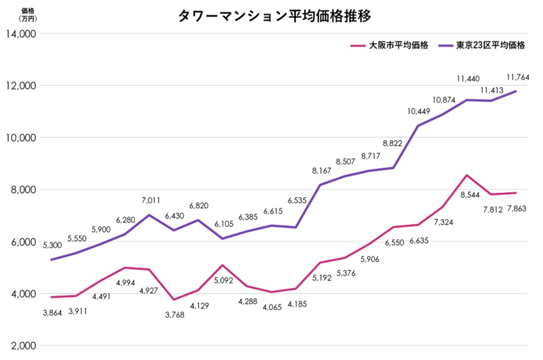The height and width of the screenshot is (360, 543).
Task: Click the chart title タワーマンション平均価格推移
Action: (x=274, y=15)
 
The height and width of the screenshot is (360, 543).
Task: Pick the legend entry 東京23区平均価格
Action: (x=490, y=46)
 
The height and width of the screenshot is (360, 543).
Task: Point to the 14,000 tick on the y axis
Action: (x=21, y=34)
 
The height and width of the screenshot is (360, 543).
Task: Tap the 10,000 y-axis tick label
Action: (x=21, y=138)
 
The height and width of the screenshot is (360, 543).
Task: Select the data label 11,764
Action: (x=517, y=78)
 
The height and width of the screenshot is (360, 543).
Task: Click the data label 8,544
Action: (x=467, y=194)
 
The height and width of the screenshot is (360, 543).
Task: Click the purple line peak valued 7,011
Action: (x=149, y=215)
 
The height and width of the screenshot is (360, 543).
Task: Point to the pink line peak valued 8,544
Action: (x=467, y=175)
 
